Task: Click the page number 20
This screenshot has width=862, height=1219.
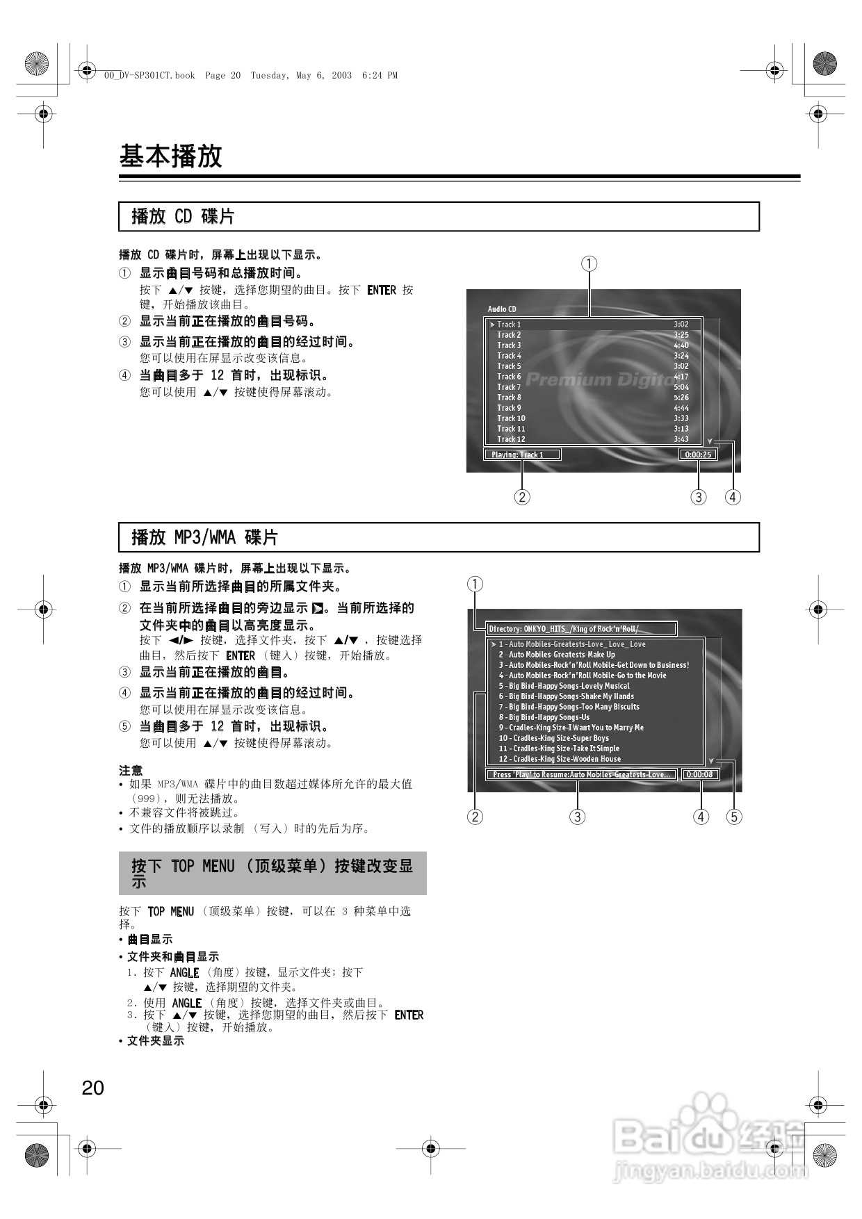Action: [x=93, y=1088]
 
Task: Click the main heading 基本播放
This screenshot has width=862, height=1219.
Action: [x=170, y=156]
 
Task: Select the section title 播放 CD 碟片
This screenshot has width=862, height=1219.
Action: [x=183, y=217]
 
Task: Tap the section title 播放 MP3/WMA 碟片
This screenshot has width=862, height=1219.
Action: [x=204, y=537]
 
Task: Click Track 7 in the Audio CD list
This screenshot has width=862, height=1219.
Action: [x=509, y=387]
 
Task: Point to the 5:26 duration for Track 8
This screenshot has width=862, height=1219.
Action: [x=681, y=398]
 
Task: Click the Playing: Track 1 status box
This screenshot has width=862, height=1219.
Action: [x=521, y=455]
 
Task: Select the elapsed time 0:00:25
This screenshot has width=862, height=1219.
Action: [x=698, y=455]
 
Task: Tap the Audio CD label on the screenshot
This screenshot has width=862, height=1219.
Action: [x=502, y=309]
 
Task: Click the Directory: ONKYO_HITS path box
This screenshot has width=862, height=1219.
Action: [x=580, y=629]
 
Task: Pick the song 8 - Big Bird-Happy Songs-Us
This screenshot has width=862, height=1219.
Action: [x=544, y=717]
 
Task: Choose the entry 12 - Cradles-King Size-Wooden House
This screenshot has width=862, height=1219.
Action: [x=560, y=759]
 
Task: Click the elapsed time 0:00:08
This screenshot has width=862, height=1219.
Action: [x=699, y=774]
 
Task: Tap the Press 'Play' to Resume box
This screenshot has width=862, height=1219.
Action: [x=581, y=774]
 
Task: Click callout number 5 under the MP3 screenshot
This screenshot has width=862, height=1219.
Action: [x=734, y=817]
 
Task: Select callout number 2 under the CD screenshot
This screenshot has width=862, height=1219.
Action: [x=522, y=497]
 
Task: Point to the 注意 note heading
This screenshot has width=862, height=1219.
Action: [x=131, y=770]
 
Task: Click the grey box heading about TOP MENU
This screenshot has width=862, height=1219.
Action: [x=273, y=873]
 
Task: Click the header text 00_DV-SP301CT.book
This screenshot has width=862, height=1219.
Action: [x=149, y=76]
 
